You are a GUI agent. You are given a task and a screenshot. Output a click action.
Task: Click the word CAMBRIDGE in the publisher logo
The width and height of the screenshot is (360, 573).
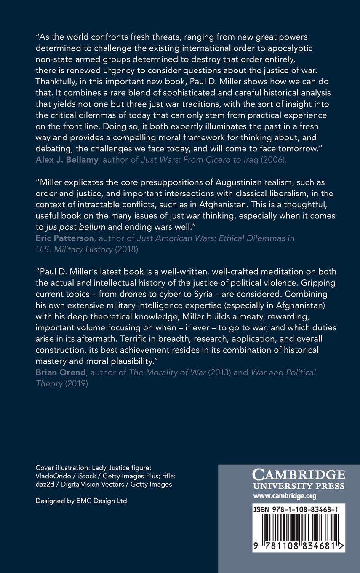point(299,475)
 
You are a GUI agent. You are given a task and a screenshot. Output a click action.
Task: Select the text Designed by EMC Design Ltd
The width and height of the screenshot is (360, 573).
point(81,501)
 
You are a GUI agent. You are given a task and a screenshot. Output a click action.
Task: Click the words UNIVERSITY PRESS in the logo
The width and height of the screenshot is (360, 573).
point(299,486)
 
